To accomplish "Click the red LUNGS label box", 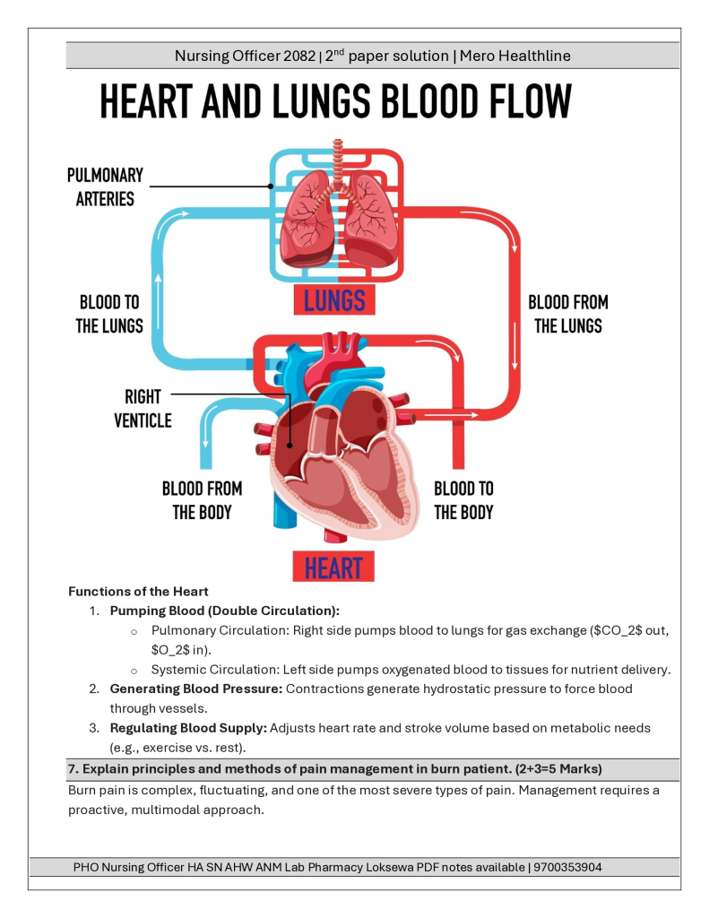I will point(333,300).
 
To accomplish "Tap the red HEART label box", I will point(333,567).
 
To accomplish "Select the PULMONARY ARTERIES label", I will point(105,186).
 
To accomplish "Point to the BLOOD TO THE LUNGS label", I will point(108,314).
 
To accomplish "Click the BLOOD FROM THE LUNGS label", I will point(567,314).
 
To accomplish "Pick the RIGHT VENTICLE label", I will point(143,408).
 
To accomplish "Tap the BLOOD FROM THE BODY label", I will point(202,500).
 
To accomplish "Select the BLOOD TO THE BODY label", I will point(463,500).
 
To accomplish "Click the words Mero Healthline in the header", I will point(515,56).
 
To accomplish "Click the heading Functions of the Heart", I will point(139,592).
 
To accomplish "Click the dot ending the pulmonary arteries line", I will point(271,186).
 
